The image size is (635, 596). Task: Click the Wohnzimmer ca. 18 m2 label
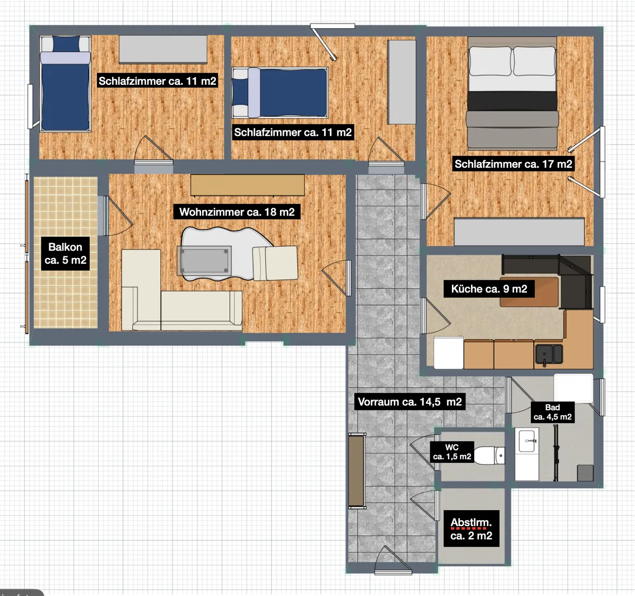(x=237, y=212)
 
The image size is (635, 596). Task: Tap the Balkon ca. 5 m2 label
(x=65, y=254)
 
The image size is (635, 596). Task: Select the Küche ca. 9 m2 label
(x=489, y=289)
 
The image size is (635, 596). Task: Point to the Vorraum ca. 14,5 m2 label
(x=410, y=402)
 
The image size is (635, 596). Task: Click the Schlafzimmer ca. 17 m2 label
(x=513, y=164)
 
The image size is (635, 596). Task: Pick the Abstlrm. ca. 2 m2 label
(x=471, y=529)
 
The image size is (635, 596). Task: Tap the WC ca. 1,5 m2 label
(x=452, y=452)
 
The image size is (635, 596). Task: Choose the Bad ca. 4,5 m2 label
(x=552, y=412)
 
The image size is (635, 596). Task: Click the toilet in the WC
(x=489, y=455)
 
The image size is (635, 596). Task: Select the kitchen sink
(x=549, y=354)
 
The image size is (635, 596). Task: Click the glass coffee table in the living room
(x=204, y=261)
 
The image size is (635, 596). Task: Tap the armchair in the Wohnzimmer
(x=275, y=263)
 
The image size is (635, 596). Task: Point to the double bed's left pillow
(x=490, y=61)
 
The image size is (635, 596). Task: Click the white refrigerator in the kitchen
(x=449, y=352)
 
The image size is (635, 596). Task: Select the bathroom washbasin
(x=527, y=441)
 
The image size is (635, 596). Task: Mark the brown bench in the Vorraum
(x=357, y=470)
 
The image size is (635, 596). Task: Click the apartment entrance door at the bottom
(x=393, y=561)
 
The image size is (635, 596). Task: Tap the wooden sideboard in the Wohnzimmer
(x=248, y=185)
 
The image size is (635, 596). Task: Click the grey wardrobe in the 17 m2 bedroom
(x=519, y=232)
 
